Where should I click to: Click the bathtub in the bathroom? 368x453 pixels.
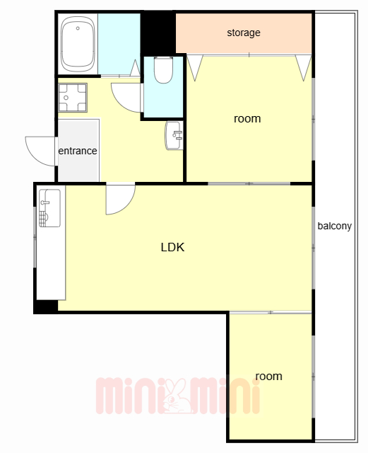[78, 44]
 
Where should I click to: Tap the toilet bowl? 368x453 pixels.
[163, 69]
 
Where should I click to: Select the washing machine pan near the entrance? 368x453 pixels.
[72, 98]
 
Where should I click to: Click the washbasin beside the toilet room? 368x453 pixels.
[174, 135]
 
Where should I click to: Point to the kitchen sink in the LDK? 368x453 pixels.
[49, 208]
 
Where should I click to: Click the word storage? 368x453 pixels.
[244, 33]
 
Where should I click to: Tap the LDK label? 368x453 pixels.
[172, 247]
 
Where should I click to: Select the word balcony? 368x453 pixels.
[335, 226]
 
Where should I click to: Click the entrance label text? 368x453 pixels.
[78, 151]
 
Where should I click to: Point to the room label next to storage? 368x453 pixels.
[247, 119]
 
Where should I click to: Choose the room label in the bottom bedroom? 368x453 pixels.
[268, 376]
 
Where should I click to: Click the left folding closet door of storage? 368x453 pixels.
[195, 68]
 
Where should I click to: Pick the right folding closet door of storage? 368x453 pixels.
[304, 68]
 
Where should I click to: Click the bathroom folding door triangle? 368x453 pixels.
[136, 68]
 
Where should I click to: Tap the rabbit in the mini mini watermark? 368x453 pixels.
[176, 396]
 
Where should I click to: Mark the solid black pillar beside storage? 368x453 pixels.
[158, 33]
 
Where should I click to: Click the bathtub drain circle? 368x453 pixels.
[78, 28]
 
